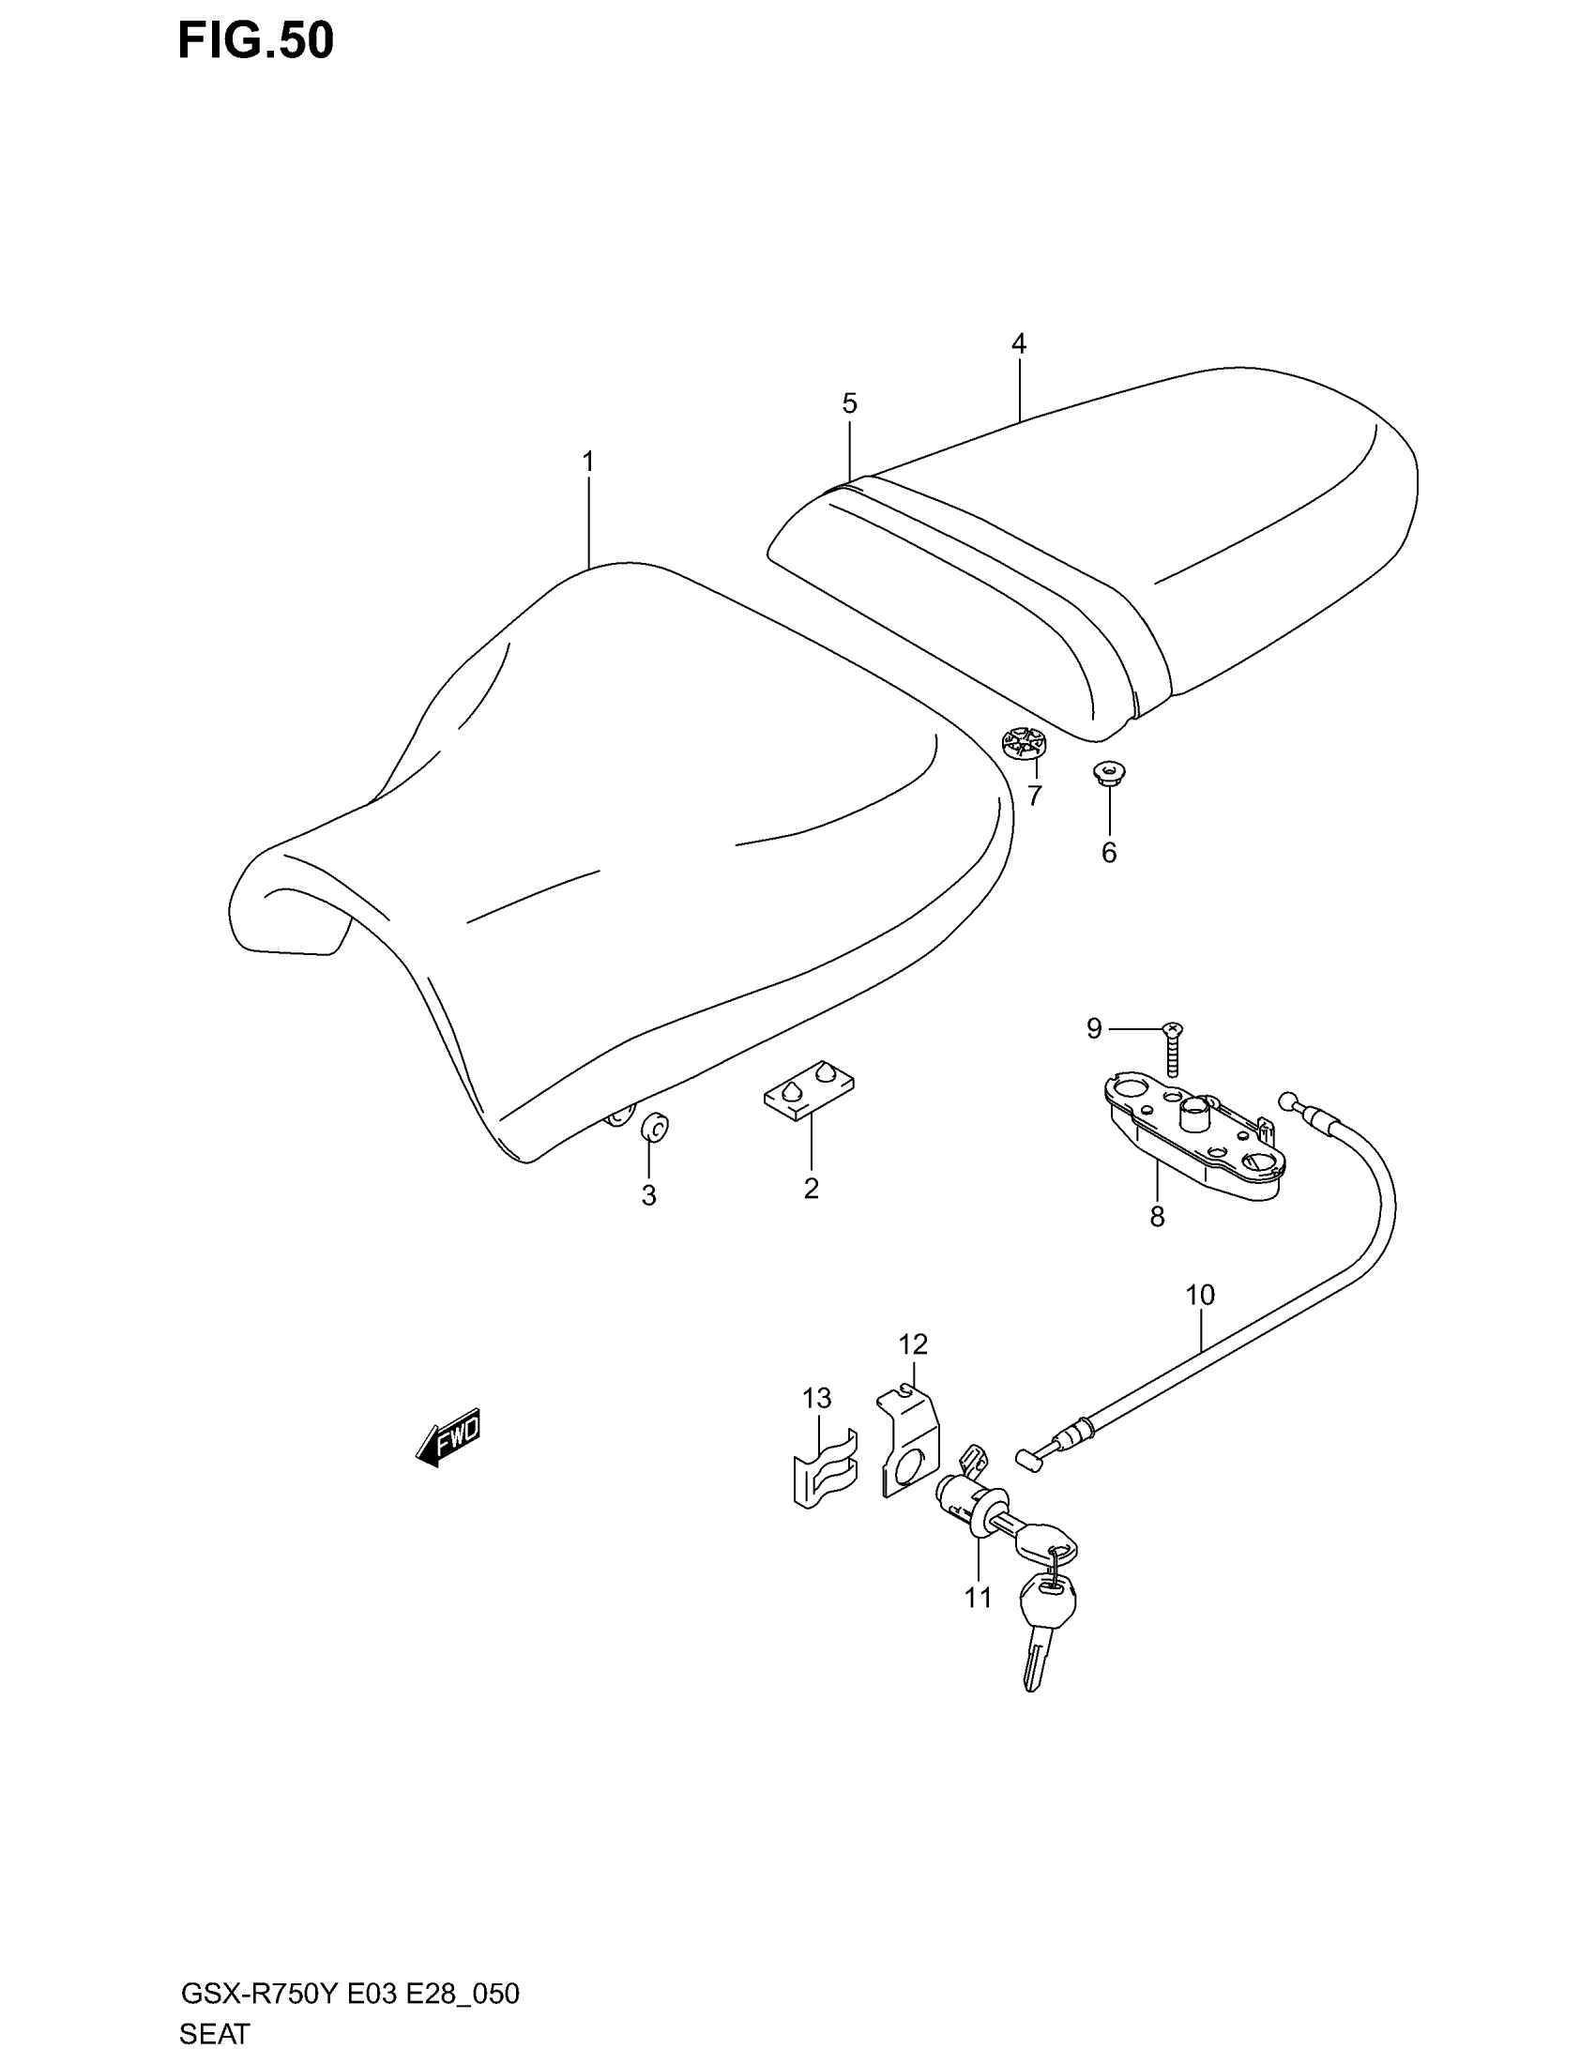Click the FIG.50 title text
point(255,41)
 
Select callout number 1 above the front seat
point(587,463)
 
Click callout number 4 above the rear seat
point(1018,344)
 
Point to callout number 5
point(849,403)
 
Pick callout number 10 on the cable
point(1199,1295)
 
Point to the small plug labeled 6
point(1109,773)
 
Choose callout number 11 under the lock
point(978,1597)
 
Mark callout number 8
point(1157,1217)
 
